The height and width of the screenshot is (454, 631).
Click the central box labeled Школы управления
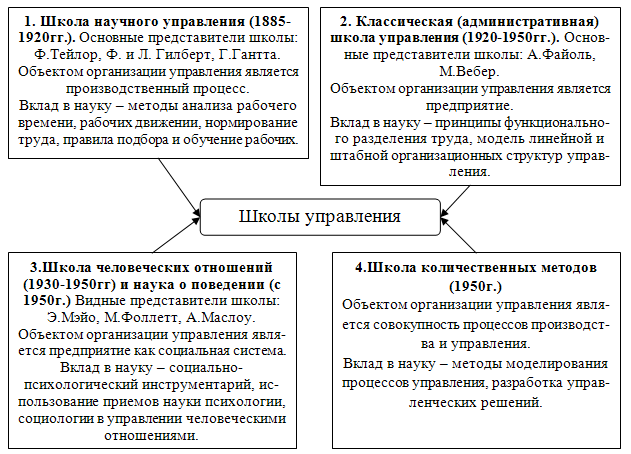[320, 216]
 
